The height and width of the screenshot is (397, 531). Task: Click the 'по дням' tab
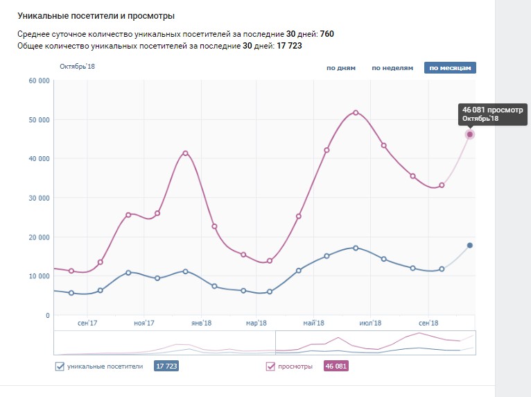(x=340, y=68)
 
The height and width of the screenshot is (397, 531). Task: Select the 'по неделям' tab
(x=392, y=68)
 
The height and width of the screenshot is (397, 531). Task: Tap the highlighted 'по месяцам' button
(x=450, y=68)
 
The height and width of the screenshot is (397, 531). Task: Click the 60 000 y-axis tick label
(x=38, y=81)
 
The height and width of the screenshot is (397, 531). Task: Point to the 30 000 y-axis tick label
(x=38, y=198)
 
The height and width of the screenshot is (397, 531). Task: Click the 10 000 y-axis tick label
(x=38, y=276)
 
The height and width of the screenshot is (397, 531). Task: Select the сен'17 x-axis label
(x=87, y=323)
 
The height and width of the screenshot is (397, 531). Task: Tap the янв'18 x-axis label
(x=201, y=323)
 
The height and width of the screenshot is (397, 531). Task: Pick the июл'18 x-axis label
(x=372, y=323)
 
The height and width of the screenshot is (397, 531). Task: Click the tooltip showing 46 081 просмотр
(x=493, y=114)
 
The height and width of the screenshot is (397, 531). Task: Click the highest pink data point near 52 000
(x=356, y=112)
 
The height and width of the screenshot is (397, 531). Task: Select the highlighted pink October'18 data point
(x=469, y=135)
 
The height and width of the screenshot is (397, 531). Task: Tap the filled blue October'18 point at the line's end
(x=469, y=246)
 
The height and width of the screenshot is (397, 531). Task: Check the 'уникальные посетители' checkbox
(x=59, y=366)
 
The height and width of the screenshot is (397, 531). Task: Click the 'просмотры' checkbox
(x=270, y=366)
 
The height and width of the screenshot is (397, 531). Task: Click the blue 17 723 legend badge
(x=166, y=366)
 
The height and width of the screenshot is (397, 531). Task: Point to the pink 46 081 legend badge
(x=336, y=366)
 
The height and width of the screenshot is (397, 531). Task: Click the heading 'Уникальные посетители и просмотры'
(x=96, y=15)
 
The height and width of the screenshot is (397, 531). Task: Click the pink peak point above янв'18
(x=185, y=153)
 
